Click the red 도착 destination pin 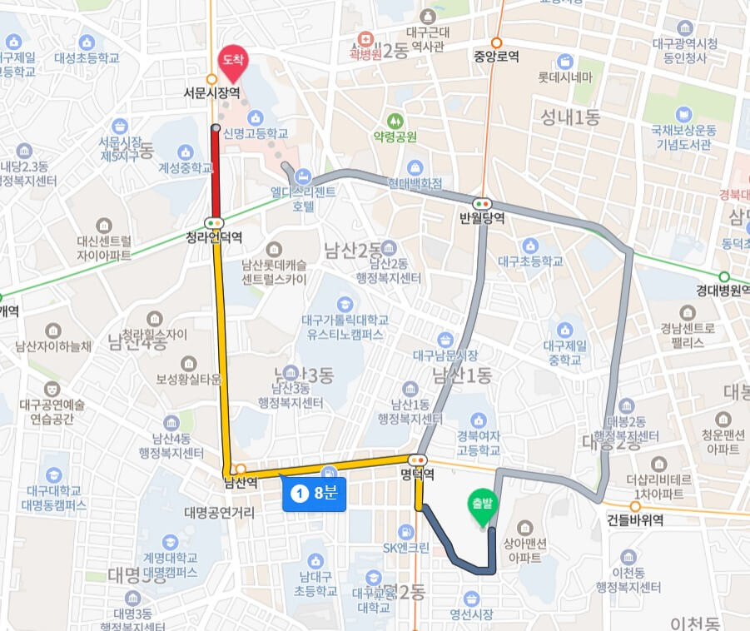228,60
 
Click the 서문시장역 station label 212,94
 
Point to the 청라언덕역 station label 214,237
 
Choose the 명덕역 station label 417,475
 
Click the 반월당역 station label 482,218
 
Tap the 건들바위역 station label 635,519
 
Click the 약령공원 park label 395,137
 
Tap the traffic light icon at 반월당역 482,203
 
